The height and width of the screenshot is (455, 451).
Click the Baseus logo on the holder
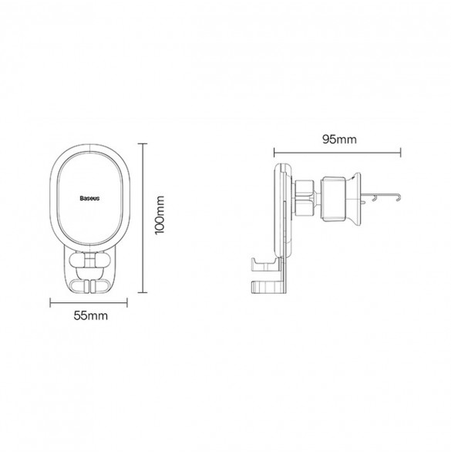pyautogui.click(x=89, y=198)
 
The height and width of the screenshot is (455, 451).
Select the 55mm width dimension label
pyautogui.click(x=90, y=315)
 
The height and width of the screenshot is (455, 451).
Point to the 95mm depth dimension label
pyautogui.click(x=339, y=140)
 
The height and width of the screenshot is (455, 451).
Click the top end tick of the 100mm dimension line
pyautogui.click(x=142, y=143)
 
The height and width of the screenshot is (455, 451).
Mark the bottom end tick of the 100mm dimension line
pyautogui.click(x=142, y=292)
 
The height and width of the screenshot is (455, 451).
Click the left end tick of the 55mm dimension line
pyautogui.click(x=50, y=303)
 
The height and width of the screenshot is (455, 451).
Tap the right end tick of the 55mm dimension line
pyautogui.click(x=127, y=303)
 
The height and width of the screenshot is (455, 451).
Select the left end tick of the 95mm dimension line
pyautogui.click(x=274, y=153)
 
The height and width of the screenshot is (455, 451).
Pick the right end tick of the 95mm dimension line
pyautogui.click(x=401, y=153)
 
